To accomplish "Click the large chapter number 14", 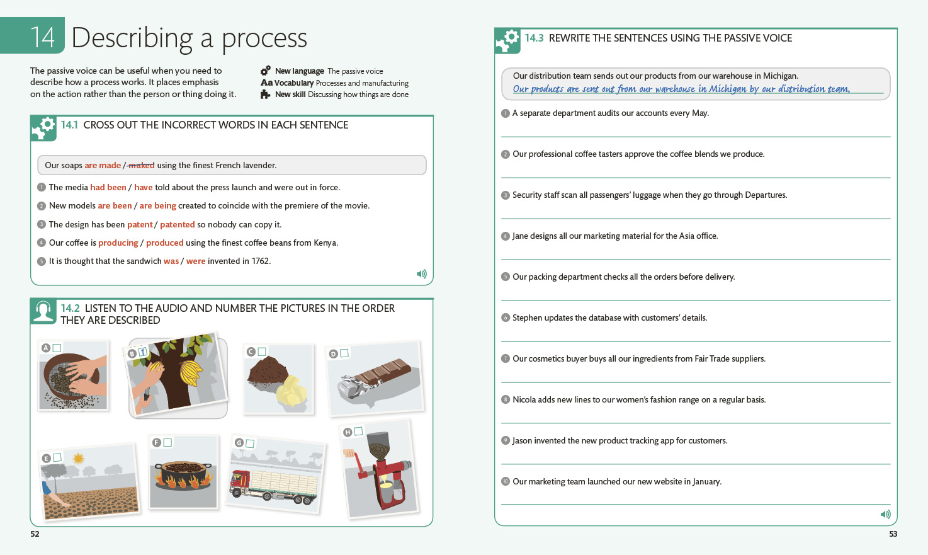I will pos(43,38).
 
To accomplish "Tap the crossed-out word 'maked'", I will pos(142,166).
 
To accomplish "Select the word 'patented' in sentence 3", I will pos(177,224).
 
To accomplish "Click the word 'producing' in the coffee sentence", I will pos(118,243).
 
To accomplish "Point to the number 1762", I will pos(261,261).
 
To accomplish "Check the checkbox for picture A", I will pos(57,348).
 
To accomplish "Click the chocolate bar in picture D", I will pos(378,375).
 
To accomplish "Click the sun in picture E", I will pos(78,459).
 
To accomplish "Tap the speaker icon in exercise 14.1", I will pos(421,274).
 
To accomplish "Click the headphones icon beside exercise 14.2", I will pos(43,311).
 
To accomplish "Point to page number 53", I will pos(893,534).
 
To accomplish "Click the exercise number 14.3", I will pos(534,38).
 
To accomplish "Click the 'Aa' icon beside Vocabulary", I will pos(266,83).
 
